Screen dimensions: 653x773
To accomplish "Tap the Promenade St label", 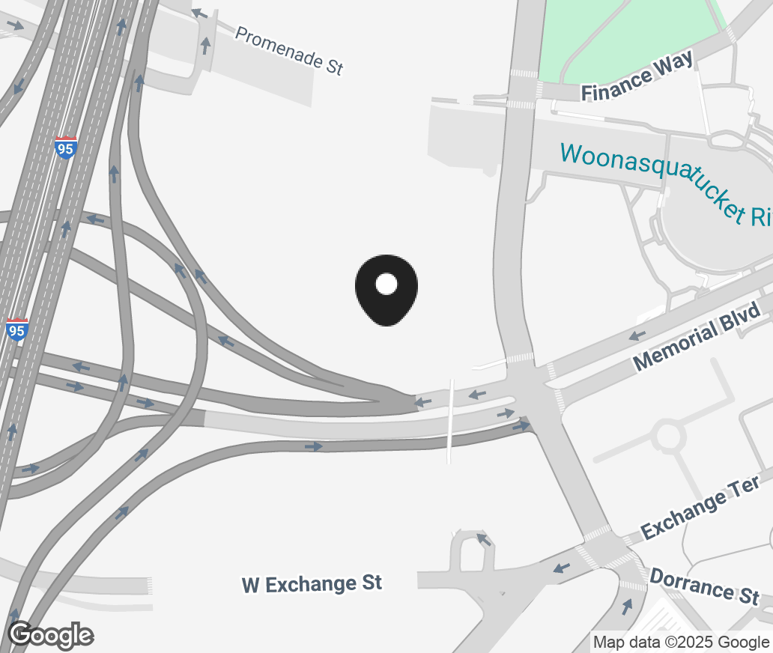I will (x=289, y=50).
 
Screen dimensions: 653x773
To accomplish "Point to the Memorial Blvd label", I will (x=701, y=336).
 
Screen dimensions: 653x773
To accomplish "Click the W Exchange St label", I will (x=312, y=583).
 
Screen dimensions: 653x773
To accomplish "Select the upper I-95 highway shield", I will (x=65, y=148).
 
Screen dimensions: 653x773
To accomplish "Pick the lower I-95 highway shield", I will (x=16, y=329).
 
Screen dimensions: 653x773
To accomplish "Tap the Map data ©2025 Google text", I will (x=681, y=642).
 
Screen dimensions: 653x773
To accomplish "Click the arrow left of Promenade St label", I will (x=198, y=13).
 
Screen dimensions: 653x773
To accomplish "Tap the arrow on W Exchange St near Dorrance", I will (x=561, y=568).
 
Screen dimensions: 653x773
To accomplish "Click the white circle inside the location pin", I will (x=386, y=284).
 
